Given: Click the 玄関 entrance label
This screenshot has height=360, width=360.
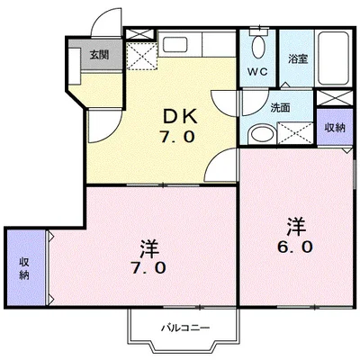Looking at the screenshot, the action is pyautogui.click(x=99, y=55).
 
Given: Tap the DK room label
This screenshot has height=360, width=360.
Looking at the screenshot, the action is pyautogui.click(x=180, y=116).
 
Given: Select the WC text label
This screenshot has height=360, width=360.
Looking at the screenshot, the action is pyautogui.click(x=257, y=72).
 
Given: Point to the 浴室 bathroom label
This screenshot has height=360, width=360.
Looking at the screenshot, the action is pyautogui.click(x=298, y=58).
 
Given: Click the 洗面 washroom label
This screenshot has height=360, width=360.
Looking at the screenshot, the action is pyautogui.click(x=280, y=107).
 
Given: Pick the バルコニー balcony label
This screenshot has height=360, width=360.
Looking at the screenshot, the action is pyautogui.click(x=185, y=328).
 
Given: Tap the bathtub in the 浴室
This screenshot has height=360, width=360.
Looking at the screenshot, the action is pyautogui.click(x=333, y=58).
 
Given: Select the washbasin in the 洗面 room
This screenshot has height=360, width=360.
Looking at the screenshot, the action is pyautogui.click(x=261, y=134).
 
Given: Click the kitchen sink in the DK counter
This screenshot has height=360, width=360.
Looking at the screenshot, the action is pyautogui.click(x=175, y=44).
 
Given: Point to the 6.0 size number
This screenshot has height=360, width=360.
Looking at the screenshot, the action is pyautogui.click(x=295, y=247).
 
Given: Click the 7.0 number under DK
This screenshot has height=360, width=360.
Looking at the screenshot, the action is pyautogui.click(x=178, y=137).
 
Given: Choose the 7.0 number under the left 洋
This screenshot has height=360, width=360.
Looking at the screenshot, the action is pyautogui.click(x=148, y=267).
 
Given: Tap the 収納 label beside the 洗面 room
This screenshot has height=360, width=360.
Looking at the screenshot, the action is pyautogui.click(x=335, y=128).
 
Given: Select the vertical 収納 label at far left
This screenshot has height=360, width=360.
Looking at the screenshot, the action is pyautogui.click(x=24, y=268).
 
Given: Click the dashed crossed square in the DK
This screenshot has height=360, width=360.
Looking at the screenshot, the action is pyautogui.click(x=142, y=56).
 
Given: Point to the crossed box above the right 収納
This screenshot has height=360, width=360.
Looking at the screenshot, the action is pyautogui.click(x=335, y=97).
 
